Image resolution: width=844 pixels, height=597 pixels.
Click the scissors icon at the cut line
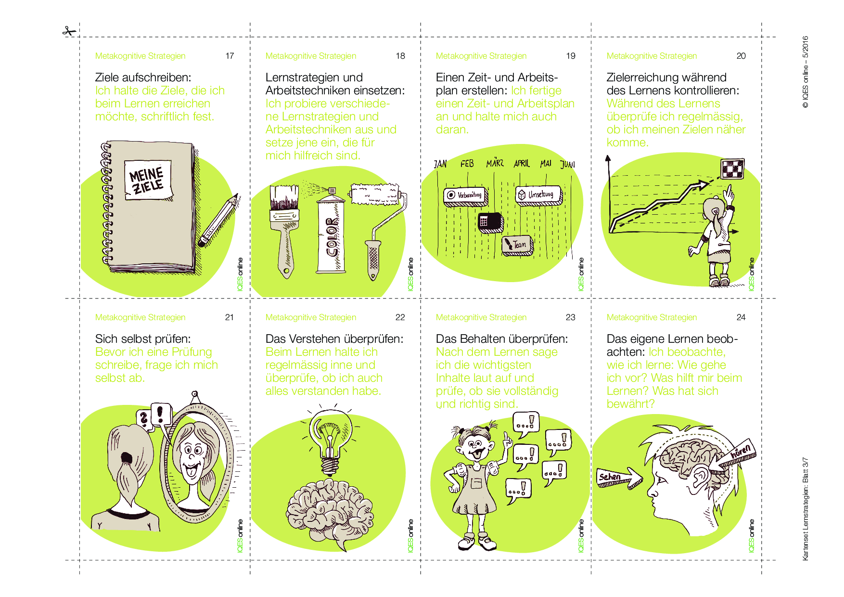point(69,32)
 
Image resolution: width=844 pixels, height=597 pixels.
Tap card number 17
point(230,56)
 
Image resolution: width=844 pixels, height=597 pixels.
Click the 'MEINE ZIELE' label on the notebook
point(148,180)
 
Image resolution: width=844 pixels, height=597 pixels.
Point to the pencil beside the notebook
point(219,220)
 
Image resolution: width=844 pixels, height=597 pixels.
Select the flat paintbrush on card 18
point(285,230)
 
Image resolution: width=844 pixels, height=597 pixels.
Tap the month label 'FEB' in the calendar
point(467,164)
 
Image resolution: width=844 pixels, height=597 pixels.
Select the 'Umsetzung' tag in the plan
point(539,195)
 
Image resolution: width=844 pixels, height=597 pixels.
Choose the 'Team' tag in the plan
point(517,245)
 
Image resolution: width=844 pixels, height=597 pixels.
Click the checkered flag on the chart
point(732,169)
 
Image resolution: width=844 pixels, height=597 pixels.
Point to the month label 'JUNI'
point(568,164)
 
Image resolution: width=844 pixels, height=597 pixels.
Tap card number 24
point(741,317)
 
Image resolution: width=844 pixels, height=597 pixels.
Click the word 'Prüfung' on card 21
point(192,352)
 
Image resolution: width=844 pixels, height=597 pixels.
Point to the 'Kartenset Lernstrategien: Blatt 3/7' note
point(806,509)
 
